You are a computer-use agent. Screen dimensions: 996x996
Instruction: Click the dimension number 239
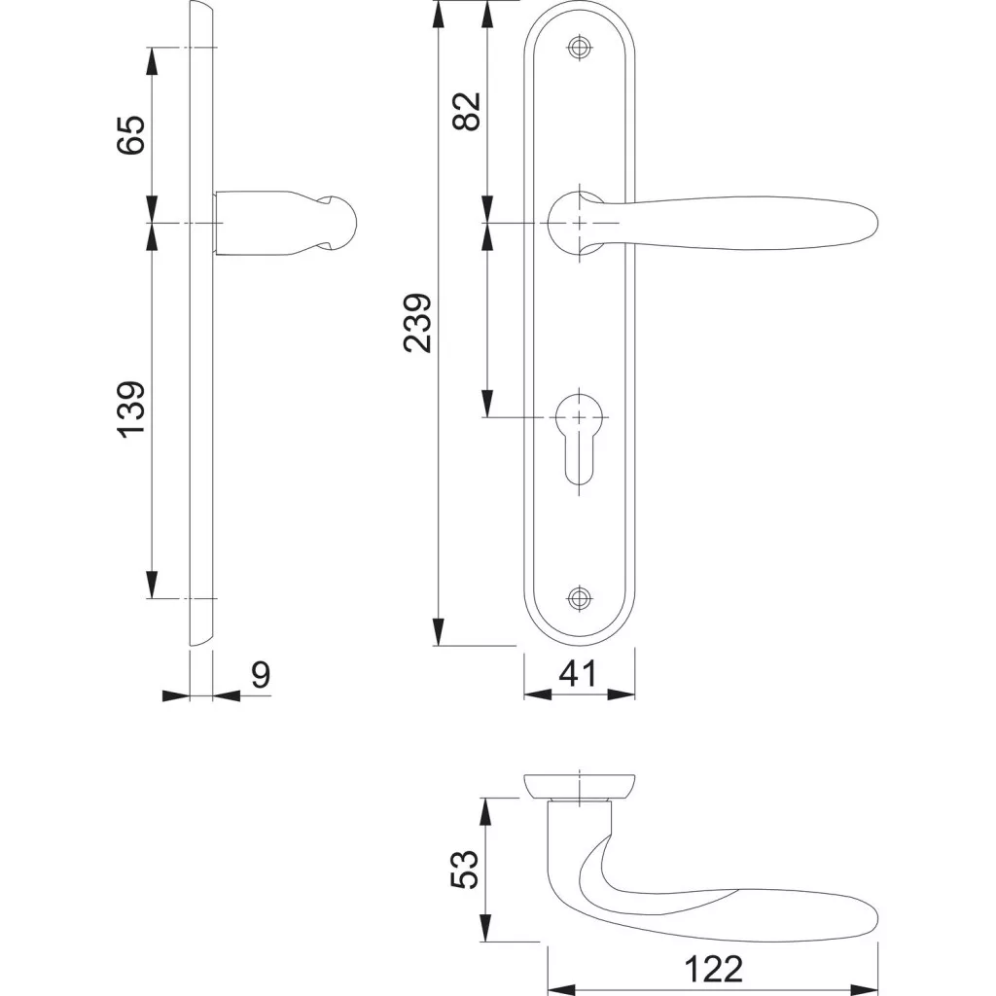click(x=417, y=323)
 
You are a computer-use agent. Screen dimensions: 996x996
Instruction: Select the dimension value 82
click(x=467, y=112)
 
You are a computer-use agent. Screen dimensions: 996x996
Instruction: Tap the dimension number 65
click(x=131, y=134)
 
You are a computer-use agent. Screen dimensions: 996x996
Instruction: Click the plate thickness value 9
click(x=261, y=675)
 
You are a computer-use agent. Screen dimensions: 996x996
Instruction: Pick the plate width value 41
click(x=578, y=674)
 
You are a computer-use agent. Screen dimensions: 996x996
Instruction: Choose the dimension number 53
click(x=464, y=870)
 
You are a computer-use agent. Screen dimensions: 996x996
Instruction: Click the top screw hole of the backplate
click(x=579, y=47)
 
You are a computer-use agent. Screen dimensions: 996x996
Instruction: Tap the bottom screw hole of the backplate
click(x=579, y=597)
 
